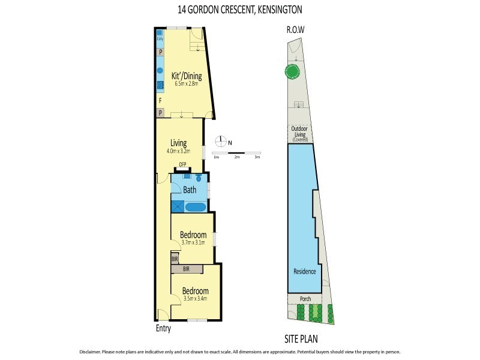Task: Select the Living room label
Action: click(x=178, y=143)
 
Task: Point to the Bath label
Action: click(x=190, y=190)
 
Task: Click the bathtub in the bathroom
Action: click(x=194, y=207)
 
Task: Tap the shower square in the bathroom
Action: click(x=177, y=206)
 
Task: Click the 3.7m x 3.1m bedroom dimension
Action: click(x=194, y=242)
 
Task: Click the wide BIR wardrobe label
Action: click(x=186, y=270)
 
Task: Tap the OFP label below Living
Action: click(x=182, y=164)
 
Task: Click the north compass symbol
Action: click(x=221, y=142)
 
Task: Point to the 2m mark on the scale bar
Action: click(x=237, y=157)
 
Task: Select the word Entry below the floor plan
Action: click(x=163, y=329)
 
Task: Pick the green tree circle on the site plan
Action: click(x=292, y=73)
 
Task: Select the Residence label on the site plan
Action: click(x=304, y=271)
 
